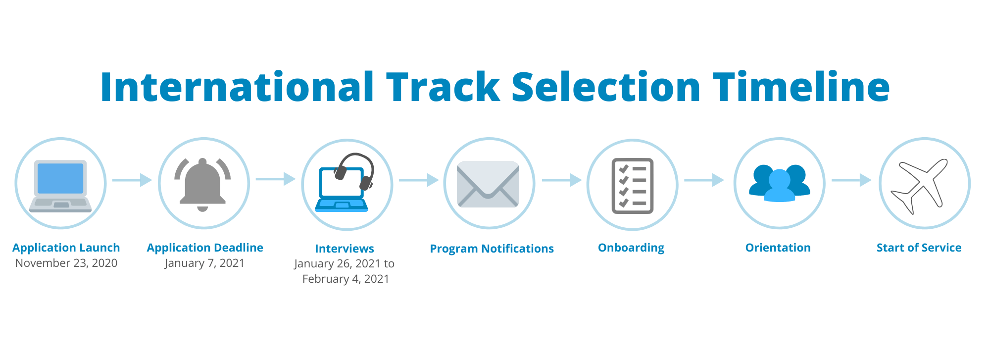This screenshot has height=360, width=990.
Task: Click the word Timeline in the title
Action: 801,87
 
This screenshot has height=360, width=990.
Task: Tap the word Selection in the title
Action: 606,87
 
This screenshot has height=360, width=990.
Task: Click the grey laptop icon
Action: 60,186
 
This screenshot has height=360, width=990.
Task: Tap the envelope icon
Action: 488,184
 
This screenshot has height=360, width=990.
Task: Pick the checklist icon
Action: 633,186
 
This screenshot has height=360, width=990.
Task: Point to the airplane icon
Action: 920,186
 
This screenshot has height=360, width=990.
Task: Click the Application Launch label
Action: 66,248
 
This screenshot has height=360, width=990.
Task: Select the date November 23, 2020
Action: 66,263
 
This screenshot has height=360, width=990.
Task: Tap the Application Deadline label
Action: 205,248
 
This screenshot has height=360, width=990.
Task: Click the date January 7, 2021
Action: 205,263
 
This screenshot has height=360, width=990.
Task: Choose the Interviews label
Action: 345,249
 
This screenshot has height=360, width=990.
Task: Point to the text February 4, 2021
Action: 346,279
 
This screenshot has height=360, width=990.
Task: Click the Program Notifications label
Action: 492,249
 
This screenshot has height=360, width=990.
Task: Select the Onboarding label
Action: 631,248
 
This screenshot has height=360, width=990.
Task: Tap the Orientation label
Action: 778,248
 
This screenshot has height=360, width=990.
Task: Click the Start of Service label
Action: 919,248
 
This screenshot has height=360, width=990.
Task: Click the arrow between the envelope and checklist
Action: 562,180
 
